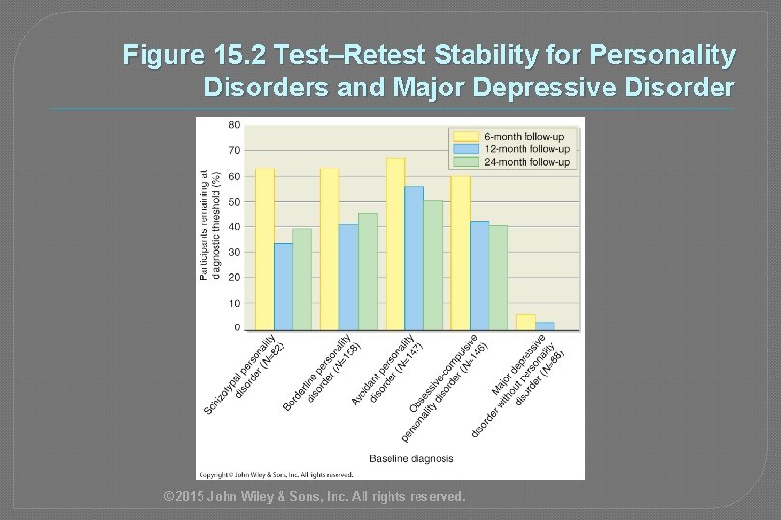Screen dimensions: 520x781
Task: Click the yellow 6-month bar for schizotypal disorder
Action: pos(264,249)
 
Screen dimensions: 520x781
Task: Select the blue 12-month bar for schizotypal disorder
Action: pos(283,286)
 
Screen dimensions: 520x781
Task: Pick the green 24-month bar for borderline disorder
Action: pos(367,272)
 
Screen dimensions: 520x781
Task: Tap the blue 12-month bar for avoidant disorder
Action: pos(414,258)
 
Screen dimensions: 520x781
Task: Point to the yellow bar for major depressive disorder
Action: pos(525,322)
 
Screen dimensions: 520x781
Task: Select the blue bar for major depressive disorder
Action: pos(545,325)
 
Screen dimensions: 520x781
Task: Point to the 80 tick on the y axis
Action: pos(234,125)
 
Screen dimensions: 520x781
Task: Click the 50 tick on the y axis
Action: pos(234,201)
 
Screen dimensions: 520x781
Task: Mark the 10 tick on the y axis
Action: pos(234,303)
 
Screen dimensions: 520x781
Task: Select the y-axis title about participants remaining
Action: pos(209,226)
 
